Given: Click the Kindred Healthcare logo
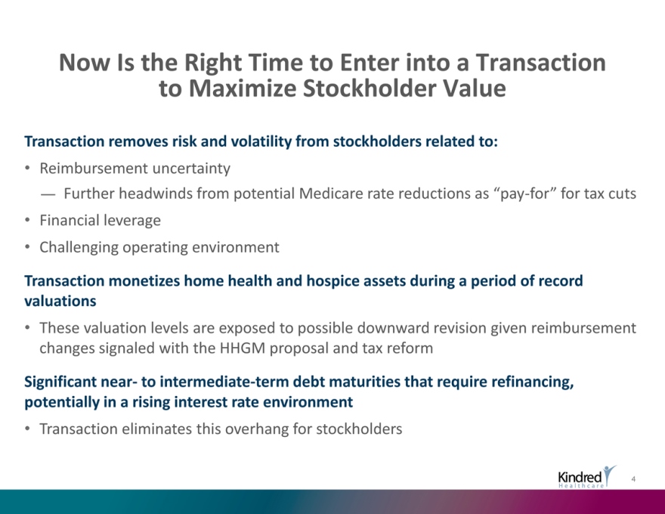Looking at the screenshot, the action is (x=587, y=477).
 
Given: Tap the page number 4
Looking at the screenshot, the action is (x=633, y=479).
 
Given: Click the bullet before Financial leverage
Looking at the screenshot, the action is (x=27, y=220).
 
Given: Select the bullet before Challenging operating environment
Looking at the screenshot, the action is (x=27, y=247).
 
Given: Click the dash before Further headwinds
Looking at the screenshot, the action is (x=48, y=195).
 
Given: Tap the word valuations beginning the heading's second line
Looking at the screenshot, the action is (x=60, y=301).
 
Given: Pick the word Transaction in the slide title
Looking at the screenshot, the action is (x=541, y=62).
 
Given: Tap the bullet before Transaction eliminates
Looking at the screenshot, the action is (x=27, y=429).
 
